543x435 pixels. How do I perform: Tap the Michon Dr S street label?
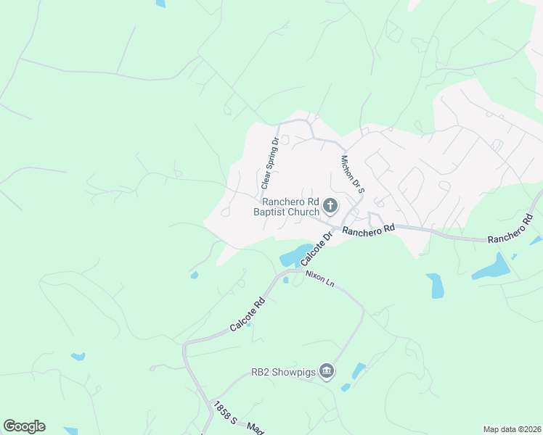pos(352,173)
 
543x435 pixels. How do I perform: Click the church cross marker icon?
pos(330,207)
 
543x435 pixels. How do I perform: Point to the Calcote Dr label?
pos(317,248)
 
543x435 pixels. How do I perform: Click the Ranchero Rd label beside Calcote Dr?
pos(368,230)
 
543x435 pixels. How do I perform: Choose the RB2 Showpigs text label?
pos(283,372)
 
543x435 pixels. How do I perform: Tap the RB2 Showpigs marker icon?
pos(327,372)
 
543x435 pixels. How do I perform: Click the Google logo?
pos(24,426)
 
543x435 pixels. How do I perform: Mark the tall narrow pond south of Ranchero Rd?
pos(436,286)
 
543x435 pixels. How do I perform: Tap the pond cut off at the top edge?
pos(160,3)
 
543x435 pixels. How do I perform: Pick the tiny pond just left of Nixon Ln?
pos(286,280)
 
